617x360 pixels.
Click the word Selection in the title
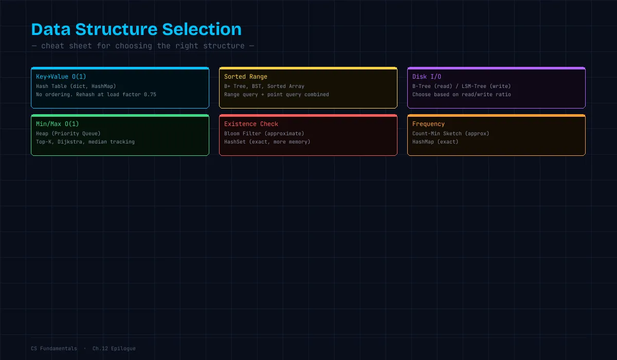(x=202, y=29)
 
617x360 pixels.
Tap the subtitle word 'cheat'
(x=52, y=46)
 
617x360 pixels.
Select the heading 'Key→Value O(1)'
(x=61, y=77)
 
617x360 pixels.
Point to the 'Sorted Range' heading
(x=245, y=77)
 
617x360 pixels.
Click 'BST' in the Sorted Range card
(x=257, y=86)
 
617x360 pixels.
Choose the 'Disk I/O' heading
(x=426, y=77)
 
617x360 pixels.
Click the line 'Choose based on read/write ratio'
(x=461, y=95)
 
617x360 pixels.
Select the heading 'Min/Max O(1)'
(x=57, y=124)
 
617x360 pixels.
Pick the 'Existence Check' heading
(x=251, y=124)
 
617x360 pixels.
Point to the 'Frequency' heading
(x=428, y=124)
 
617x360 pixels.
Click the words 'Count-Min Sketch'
(x=437, y=134)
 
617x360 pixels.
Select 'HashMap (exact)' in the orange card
(x=435, y=142)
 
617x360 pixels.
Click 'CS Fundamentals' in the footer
(x=54, y=349)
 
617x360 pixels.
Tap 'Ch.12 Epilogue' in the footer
(x=114, y=349)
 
